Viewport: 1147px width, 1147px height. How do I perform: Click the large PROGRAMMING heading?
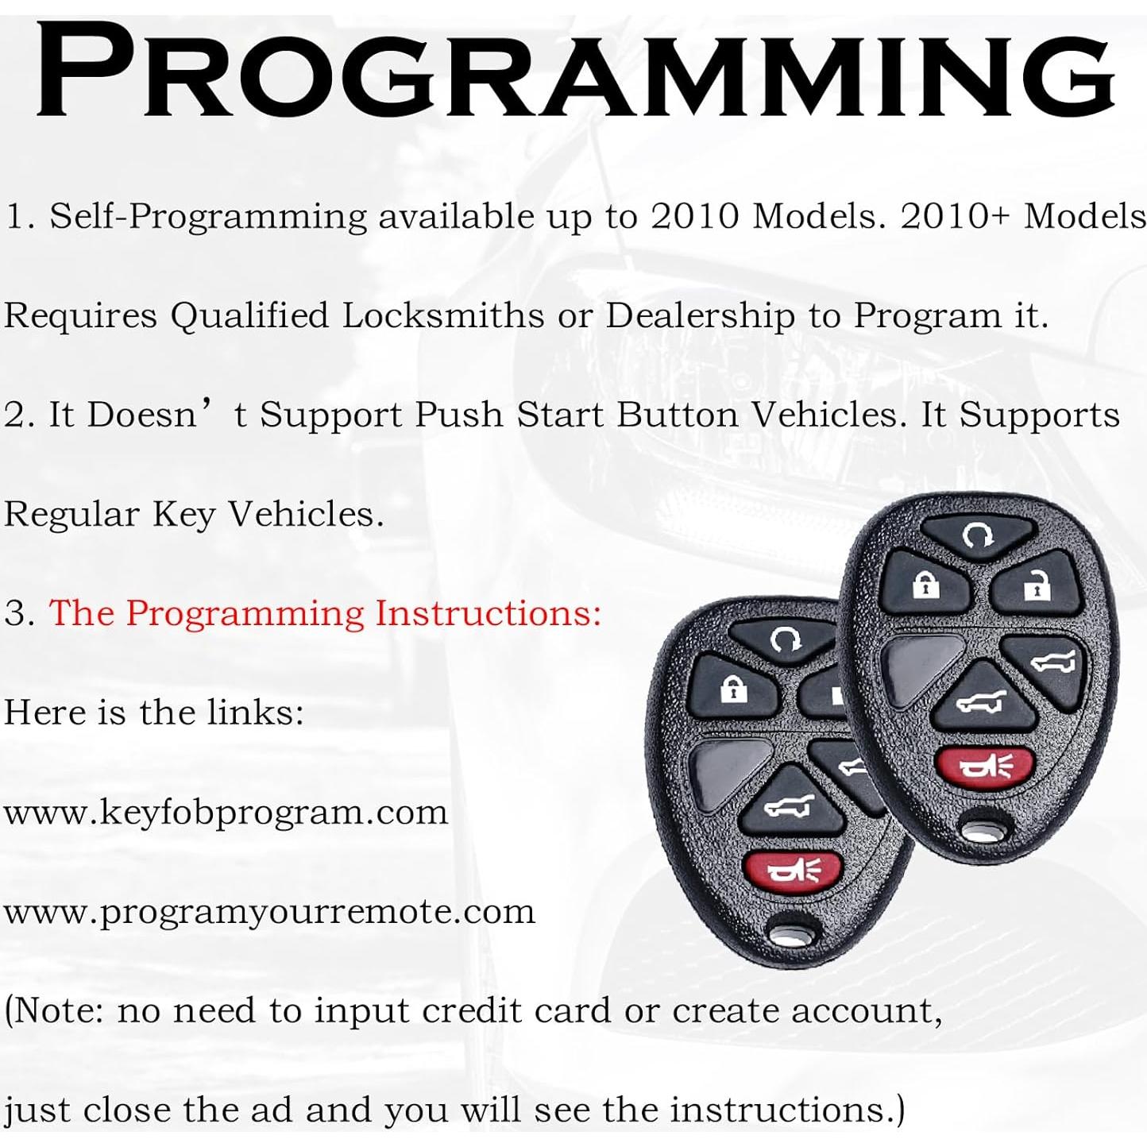(573, 73)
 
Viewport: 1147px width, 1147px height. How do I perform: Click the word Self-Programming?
(208, 216)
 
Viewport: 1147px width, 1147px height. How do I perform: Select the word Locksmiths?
(442, 315)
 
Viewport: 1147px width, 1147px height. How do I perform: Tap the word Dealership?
(700, 315)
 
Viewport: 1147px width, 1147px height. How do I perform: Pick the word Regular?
(71, 514)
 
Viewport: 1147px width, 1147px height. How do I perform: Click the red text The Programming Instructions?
(325, 613)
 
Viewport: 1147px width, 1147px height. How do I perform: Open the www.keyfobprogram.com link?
(226, 812)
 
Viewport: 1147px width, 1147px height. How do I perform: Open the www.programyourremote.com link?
(269, 911)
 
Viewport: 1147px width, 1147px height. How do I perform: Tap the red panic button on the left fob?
(793, 871)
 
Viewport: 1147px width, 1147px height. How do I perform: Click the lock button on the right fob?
(926, 585)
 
